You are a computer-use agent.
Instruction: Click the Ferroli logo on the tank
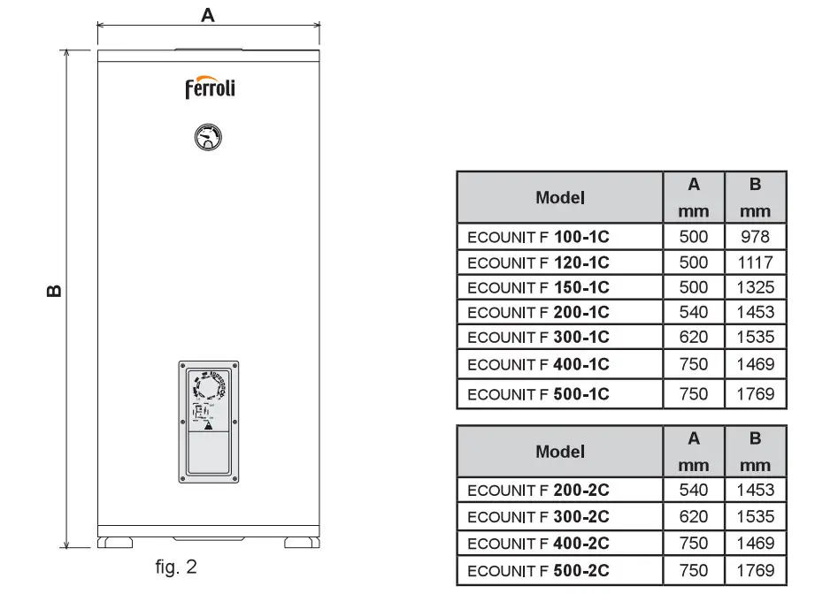(x=210, y=88)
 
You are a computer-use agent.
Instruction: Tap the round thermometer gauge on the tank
(x=208, y=136)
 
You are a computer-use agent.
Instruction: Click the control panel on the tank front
(x=208, y=422)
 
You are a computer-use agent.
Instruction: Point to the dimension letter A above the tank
(x=208, y=14)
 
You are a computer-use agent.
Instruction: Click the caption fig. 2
(x=176, y=567)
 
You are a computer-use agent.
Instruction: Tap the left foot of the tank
(x=114, y=542)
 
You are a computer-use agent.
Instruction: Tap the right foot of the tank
(x=302, y=542)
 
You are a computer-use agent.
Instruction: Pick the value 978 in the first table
(x=755, y=236)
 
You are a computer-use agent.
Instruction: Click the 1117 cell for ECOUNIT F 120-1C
(x=755, y=262)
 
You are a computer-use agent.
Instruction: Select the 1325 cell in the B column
(x=755, y=287)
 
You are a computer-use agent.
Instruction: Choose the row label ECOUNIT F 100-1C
(x=538, y=237)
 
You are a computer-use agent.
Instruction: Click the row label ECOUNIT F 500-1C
(x=538, y=394)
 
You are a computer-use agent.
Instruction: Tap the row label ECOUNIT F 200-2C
(x=538, y=490)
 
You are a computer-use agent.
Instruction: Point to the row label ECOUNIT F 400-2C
(x=538, y=544)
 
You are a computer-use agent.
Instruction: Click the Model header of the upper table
(x=560, y=197)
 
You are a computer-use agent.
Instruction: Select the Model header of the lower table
(x=560, y=452)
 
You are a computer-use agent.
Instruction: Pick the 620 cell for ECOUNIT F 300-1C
(x=694, y=337)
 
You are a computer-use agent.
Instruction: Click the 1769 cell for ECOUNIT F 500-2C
(x=755, y=570)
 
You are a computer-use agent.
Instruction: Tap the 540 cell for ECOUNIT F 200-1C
(x=694, y=312)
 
